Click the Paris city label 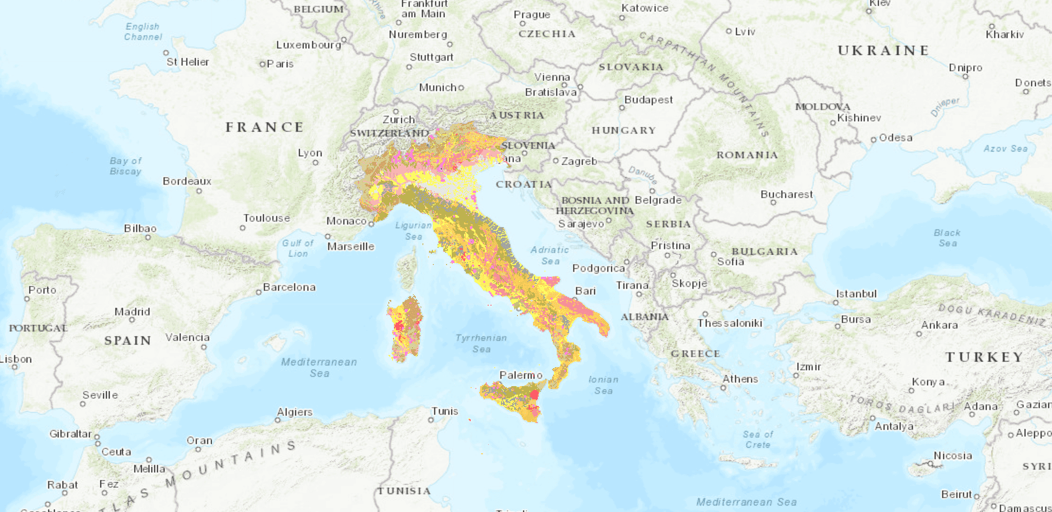(x=280, y=64)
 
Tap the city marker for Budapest (x=622, y=108)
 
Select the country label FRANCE (x=264, y=127)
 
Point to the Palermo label (x=521, y=375)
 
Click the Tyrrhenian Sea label (x=481, y=344)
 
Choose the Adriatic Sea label (x=550, y=256)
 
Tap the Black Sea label (x=947, y=238)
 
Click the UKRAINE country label (x=883, y=51)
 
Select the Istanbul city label (x=856, y=294)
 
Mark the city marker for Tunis (x=431, y=420)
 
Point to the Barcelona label (x=289, y=287)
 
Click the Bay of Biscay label (x=125, y=166)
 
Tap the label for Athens (x=740, y=379)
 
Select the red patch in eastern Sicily (x=535, y=394)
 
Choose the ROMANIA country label (x=747, y=155)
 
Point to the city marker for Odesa (x=874, y=140)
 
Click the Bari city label (x=585, y=291)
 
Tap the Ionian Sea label (x=603, y=385)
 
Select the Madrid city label (x=132, y=312)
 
